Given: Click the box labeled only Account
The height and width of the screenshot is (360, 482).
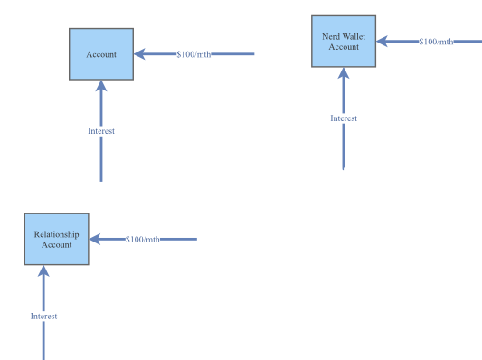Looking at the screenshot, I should pos(101,54).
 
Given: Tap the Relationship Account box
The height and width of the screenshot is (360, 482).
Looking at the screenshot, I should pos(56,240).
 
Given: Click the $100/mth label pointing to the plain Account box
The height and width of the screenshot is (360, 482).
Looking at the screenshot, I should pos(195,54).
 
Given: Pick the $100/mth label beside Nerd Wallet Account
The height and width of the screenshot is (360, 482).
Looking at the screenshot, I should pos(436,42).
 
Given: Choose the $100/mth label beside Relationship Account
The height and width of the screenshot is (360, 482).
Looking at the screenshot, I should pos(142,240).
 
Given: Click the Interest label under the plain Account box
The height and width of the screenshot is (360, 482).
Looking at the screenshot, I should pos(101,131).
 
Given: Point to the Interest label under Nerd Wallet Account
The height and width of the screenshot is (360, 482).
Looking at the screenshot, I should pos(344,118).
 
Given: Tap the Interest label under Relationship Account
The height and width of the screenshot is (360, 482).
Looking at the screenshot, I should pos(43,317).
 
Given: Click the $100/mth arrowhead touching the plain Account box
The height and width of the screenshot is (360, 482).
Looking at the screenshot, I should pos(139,54).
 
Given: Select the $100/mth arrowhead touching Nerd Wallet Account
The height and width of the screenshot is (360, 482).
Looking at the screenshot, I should pos(381,42).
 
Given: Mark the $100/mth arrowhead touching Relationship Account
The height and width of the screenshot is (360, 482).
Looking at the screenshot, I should pos(94,240).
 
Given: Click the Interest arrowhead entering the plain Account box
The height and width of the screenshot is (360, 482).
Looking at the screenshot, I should pos(101,86).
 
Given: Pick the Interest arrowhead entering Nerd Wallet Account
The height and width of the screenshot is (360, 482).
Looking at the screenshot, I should pos(344,73).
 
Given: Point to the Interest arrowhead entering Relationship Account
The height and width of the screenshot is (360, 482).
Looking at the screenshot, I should pos(43,271).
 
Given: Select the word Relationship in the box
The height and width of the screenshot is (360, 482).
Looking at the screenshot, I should pos(56,235).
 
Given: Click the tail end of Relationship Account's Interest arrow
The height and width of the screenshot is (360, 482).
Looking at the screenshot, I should pos(43,357).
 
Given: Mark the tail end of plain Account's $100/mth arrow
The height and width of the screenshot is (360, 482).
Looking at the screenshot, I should pos(252,54).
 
